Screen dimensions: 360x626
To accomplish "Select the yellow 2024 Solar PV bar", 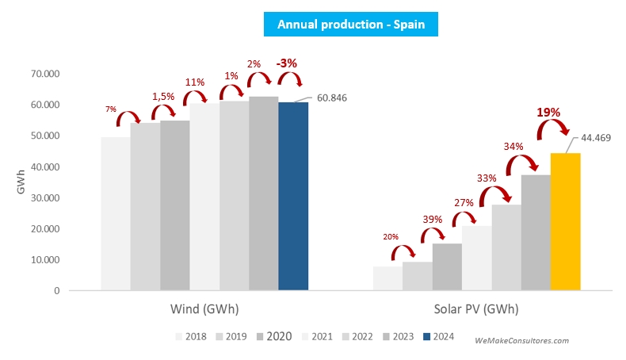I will point(565,222).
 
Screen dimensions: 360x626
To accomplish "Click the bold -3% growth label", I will point(286,63).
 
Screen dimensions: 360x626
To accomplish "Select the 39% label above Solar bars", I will point(433,219).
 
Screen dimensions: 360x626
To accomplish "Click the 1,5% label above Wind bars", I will point(164,96).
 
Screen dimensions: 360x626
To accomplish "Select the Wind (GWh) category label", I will point(204,308).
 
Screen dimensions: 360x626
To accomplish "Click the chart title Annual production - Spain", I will point(351,25).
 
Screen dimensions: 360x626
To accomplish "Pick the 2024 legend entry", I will point(439,336).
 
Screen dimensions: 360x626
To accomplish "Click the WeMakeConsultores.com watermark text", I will point(521,340).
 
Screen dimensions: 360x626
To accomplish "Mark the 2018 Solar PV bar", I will point(387,278).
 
